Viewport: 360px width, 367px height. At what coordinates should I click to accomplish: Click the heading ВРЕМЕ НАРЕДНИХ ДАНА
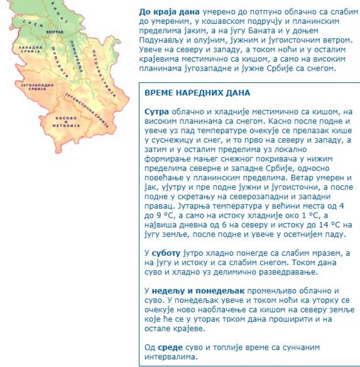(x=197, y=93)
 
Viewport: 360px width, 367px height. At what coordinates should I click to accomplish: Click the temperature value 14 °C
(x=313, y=224)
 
